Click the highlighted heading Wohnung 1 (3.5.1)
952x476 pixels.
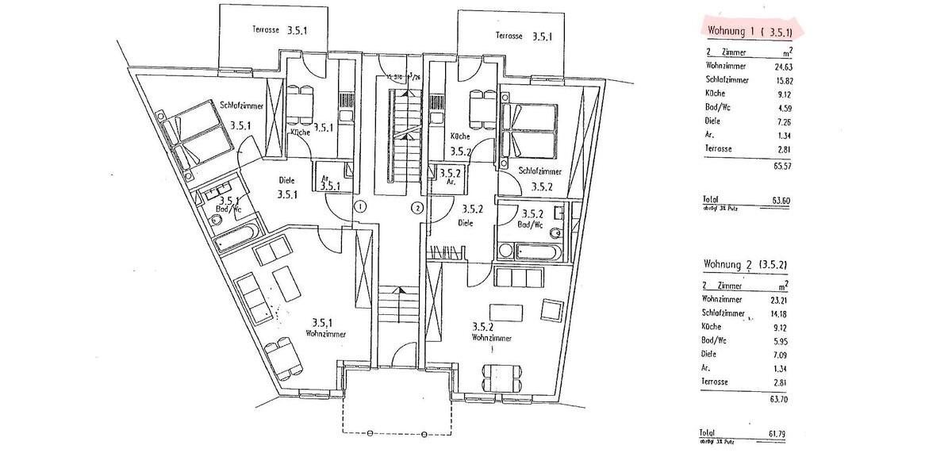point(753,32)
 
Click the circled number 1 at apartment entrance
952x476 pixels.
point(359,207)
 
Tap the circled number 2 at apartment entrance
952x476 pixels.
point(417,209)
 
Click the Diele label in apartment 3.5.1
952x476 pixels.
point(286,179)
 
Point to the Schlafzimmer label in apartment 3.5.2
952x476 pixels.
point(540,171)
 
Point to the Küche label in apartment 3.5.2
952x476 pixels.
point(460,136)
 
